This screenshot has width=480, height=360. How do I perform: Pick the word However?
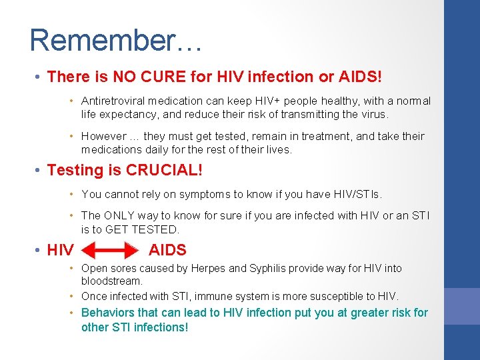105,137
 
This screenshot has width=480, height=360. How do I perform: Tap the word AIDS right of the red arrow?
167,251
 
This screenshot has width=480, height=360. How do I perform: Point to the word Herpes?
208,269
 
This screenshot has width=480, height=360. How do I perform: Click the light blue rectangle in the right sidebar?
462,305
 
